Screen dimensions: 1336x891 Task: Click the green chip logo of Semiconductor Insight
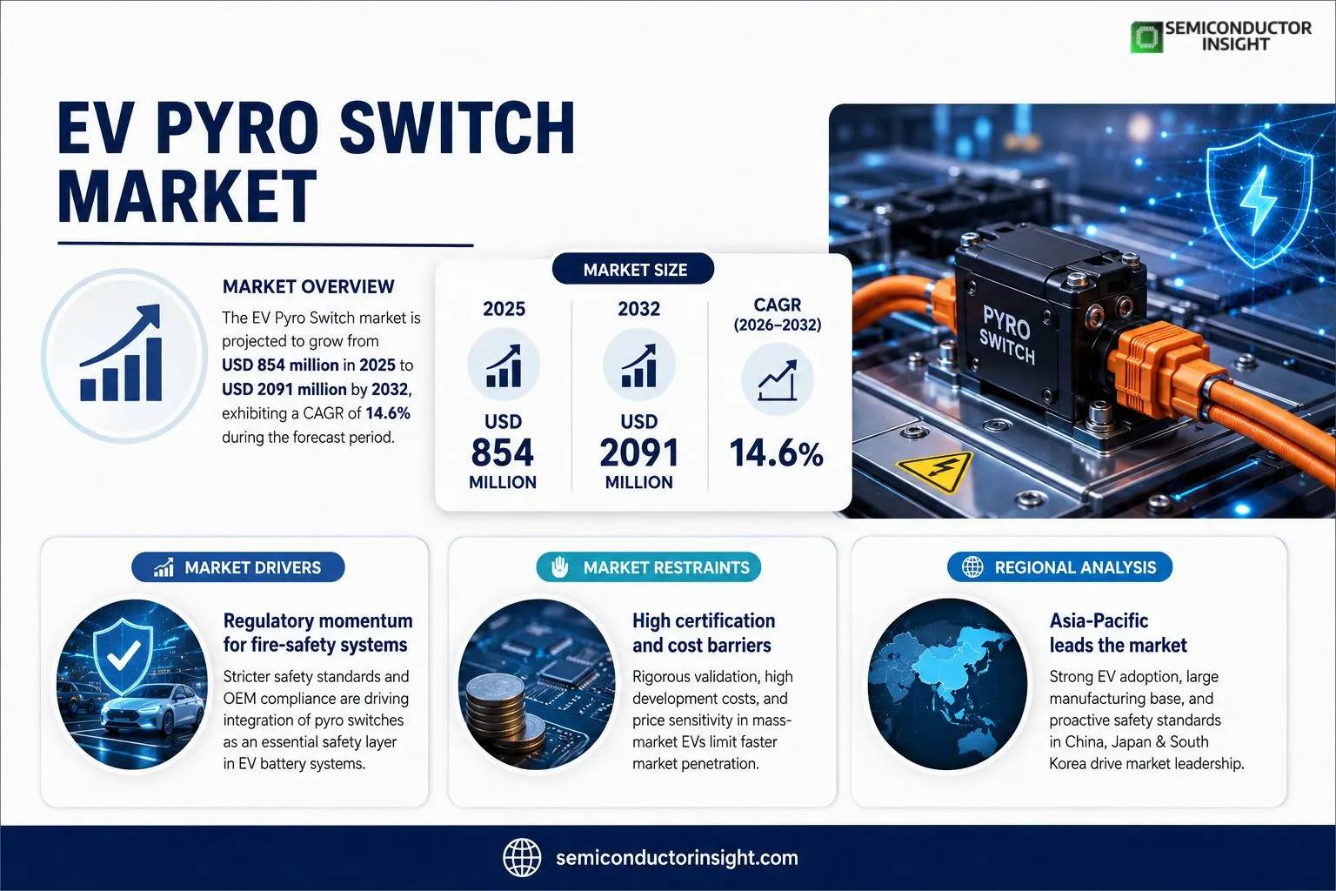pyautogui.click(x=1146, y=37)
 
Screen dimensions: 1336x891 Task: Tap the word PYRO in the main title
pyautogui.click(x=237, y=128)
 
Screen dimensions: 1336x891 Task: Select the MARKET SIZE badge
pyautogui.click(x=633, y=269)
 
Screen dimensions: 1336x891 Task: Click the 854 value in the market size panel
pyautogui.click(x=502, y=452)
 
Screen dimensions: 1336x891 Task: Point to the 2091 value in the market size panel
pyautogui.click(x=638, y=452)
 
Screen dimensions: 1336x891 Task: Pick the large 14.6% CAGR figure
pyautogui.click(x=776, y=453)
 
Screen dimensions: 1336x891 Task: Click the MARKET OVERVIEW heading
pyautogui.click(x=309, y=286)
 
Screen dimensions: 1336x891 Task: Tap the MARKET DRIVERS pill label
pyautogui.click(x=238, y=567)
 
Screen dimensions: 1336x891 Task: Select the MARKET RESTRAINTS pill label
pyautogui.click(x=648, y=567)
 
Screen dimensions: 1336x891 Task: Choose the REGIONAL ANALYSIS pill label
pyautogui.click(x=1060, y=567)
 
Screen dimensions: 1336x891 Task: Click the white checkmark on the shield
pyautogui.click(x=124, y=655)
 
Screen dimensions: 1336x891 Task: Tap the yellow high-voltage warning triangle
pyautogui.click(x=935, y=471)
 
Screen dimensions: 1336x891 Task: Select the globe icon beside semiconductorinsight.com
pyautogui.click(x=522, y=857)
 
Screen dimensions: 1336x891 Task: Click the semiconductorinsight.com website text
pyautogui.click(x=677, y=858)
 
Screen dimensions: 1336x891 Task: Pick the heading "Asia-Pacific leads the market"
pyautogui.click(x=1119, y=633)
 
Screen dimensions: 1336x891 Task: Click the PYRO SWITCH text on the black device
pyautogui.click(x=1007, y=334)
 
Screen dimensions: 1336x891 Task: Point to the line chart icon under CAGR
pyautogui.click(x=777, y=380)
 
